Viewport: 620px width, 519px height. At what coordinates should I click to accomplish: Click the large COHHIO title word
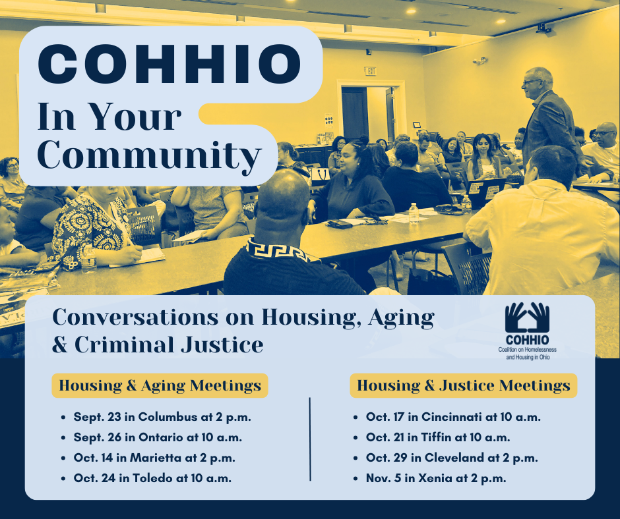[170, 65]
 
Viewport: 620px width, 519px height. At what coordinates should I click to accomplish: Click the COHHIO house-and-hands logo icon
[527, 317]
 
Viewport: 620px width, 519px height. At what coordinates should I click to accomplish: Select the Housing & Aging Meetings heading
[160, 385]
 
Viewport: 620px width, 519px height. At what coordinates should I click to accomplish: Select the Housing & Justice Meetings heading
[464, 385]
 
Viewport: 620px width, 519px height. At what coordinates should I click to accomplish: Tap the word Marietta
[156, 458]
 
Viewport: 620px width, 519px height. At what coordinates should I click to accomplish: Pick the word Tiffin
[436, 437]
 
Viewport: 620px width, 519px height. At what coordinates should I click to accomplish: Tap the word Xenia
[435, 478]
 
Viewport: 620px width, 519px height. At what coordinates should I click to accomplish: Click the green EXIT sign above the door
[370, 71]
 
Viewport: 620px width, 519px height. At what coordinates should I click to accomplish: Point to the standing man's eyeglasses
[530, 82]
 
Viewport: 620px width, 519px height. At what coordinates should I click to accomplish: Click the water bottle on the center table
[414, 213]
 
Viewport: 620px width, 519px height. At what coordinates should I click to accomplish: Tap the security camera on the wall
[480, 61]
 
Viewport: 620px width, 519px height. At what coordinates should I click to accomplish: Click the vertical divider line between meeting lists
[310, 439]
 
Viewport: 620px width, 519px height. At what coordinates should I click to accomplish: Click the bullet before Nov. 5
[356, 479]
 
